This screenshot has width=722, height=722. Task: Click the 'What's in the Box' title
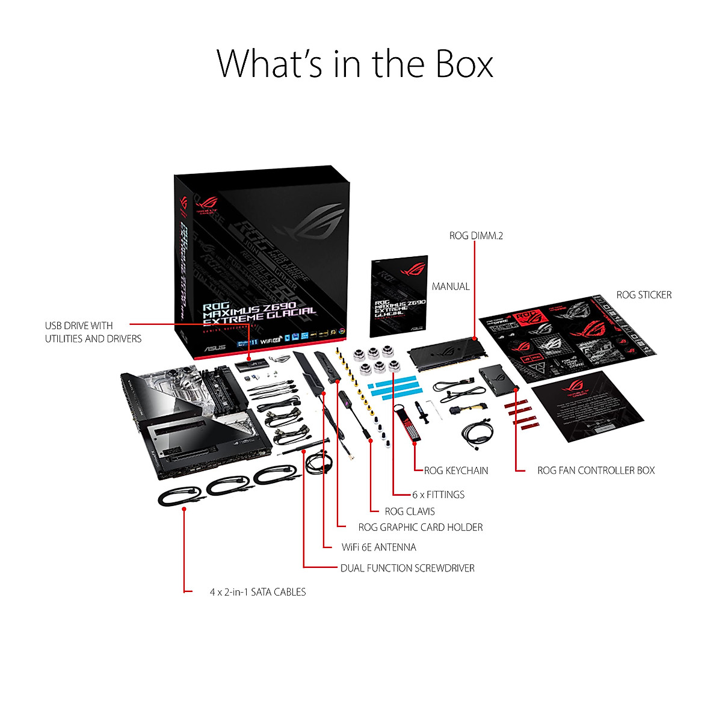tap(355, 64)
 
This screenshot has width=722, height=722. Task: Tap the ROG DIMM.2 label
tap(476, 236)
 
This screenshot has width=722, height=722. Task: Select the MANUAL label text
tap(451, 287)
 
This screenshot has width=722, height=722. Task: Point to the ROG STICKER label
tap(644, 295)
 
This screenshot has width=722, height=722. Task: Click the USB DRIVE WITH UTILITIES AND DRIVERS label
tap(93, 332)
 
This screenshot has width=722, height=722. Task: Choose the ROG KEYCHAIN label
tap(456, 471)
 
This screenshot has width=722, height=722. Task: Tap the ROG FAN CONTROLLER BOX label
tap(596, 471)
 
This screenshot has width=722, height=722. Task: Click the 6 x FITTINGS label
tap(439, 495)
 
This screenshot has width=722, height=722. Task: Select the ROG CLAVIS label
tap(410, 511)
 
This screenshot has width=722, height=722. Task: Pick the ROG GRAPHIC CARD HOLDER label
tap(421, 528)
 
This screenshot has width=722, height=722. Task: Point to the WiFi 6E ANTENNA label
tap(379, 548)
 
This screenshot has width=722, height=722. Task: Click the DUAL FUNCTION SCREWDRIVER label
tap(407, 568)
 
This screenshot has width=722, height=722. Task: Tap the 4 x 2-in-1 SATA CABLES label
tap(258, 592)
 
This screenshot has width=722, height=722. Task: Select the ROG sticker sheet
tap(566, 337)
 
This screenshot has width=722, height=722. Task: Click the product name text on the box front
tap(259, 310)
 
